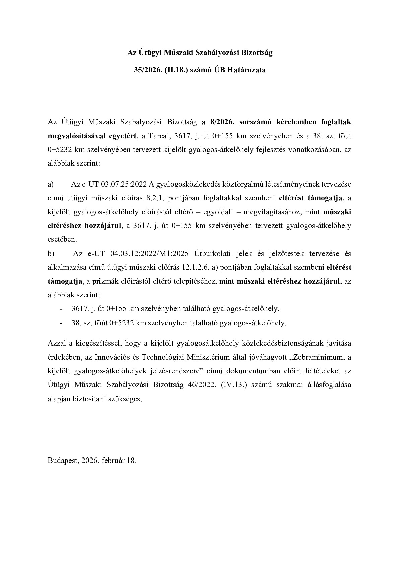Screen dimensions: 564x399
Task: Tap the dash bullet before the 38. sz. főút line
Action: [x=61, y=323]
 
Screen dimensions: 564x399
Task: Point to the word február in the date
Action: [x=114, y=460]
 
